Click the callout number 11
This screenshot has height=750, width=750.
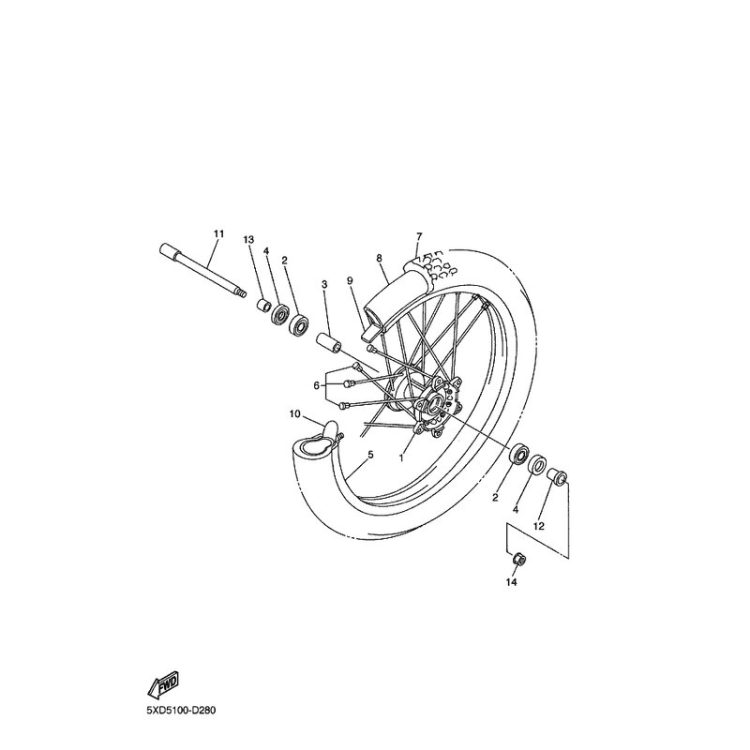click(x=218, y=232)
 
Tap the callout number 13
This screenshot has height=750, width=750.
click(x=248, y=240)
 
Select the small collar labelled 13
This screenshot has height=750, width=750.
click(x=263, y=305)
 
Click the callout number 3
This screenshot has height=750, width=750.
click(x=323, y=282)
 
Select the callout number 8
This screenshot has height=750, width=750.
click(x=380, y=257)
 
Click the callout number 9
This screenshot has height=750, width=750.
click(x=348, y=279)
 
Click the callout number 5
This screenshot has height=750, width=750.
click(x=370, y=455)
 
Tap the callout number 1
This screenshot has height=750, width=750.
click(x=401, y=458)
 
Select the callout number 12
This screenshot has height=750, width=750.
click(x=539, y=526)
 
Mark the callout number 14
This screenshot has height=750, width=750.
click(x=511, y=582)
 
